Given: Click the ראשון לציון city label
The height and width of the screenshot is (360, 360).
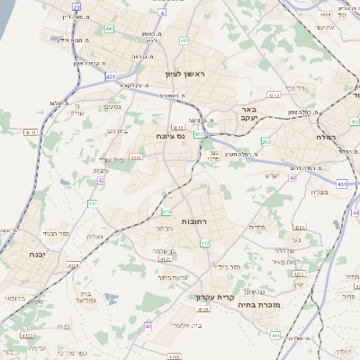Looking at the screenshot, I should pyautogui.click(x=185, y=73).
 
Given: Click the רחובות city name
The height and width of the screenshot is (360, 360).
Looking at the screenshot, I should pyautogui.click(x=193, y=220).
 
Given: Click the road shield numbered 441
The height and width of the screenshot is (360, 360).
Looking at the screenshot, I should pyautogui.click(x=109, y=29).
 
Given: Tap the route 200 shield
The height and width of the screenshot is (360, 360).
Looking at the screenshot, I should pyautogui.click(x=265, y=142).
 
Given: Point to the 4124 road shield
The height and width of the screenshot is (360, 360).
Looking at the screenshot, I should pyautogui.click(x=74, y=265).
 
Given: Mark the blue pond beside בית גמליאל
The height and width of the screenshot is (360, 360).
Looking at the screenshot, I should pyautogui.click(x=109, y=296).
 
